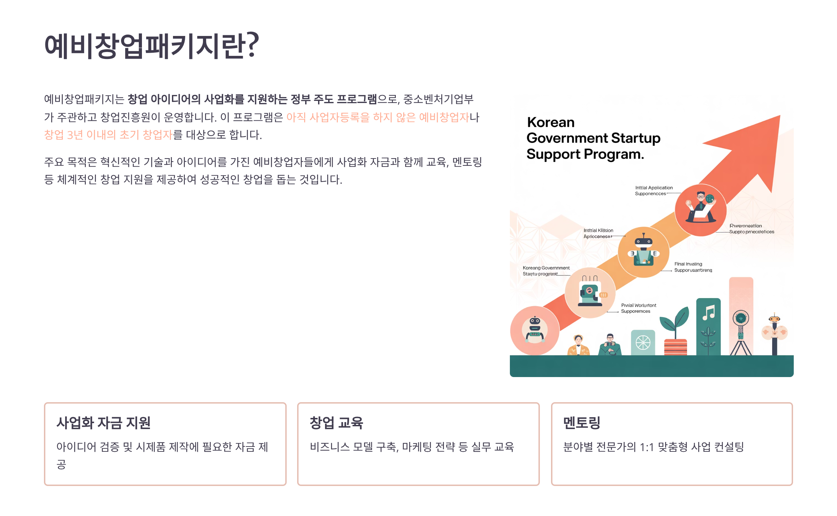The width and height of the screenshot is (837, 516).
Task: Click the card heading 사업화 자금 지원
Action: [x=104, y=423]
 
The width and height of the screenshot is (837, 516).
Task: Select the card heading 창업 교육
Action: [x=336, y=423]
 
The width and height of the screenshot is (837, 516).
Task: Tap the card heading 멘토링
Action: [x=582, y=423]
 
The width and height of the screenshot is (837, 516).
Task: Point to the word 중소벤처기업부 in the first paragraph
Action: [x=438, y=99]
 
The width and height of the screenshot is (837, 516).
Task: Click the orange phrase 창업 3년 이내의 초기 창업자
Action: [x=108, y=135]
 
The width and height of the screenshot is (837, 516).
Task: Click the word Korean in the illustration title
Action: [x=551, y=123]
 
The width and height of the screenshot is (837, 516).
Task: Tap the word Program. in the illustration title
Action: [x=614, y=154]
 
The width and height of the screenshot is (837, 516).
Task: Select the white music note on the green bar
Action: [x=709, y=312]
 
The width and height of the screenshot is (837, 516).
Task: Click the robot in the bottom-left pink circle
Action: [x=535, y=330]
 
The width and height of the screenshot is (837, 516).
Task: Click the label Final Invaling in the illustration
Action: [x=688, y=264]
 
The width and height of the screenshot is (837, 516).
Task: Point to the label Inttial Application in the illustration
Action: [x=654, y=188]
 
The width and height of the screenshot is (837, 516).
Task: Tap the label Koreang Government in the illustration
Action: [x=546, y=268]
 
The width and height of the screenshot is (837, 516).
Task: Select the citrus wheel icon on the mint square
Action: [x=643, y=342]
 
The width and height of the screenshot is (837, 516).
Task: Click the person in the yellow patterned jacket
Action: [x=578, y=346]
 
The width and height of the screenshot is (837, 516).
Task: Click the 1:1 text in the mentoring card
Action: [x=647, y=447]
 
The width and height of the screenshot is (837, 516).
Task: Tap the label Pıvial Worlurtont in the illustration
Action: [x=639, y=305]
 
